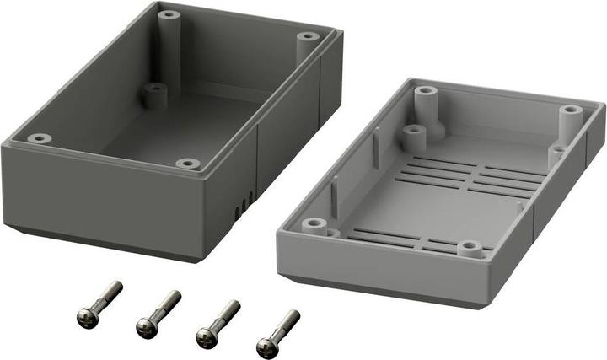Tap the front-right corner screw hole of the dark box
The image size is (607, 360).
[x=188, y=163]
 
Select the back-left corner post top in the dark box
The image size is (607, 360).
[x=169, y=14]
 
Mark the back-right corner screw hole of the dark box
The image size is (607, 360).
[x=309, y=36]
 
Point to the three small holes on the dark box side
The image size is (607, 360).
[x=244, y=202]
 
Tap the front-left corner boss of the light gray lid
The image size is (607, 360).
[x=315, y=224]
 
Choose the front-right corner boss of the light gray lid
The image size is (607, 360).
[x=469, y=248]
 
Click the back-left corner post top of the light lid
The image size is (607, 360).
[x=425, y=89]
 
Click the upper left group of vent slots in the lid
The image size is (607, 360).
[x=434, y=170]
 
